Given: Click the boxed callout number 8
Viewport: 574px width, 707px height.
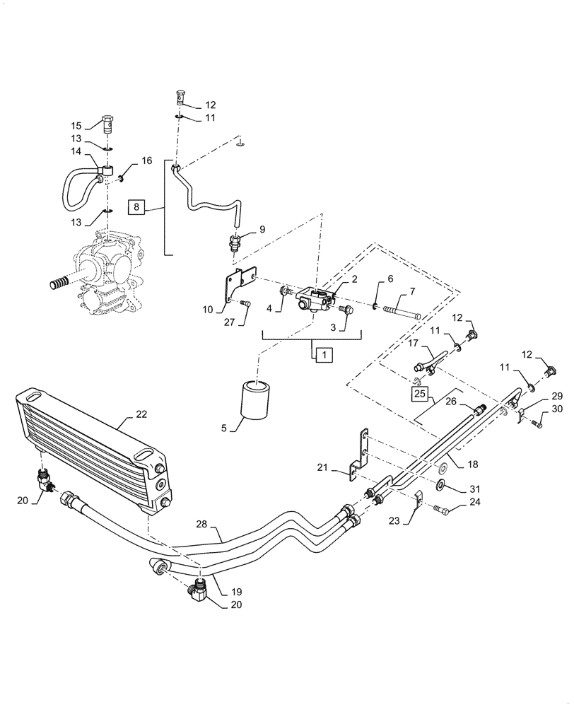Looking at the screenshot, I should (x=137, y=207).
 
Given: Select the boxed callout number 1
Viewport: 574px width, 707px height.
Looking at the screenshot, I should (x=322, y=354).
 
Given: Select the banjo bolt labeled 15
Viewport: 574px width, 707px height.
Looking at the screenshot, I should (x=107, y=126).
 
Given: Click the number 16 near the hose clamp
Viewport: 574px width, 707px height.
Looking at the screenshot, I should (x=146, y=161).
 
